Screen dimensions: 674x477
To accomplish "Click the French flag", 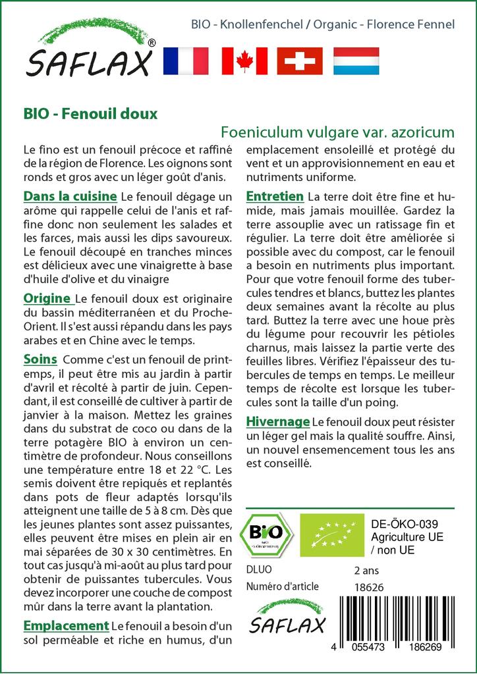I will tap(185, 61).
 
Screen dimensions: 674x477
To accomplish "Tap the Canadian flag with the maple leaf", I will tap(244, 61).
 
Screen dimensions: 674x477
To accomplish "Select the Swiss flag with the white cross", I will tap(299, 61).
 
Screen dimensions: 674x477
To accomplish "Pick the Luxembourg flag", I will tap(356, 61).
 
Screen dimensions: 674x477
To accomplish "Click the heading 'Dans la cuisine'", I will tap(70, 196).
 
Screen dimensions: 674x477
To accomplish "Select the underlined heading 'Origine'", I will tap(47, 299).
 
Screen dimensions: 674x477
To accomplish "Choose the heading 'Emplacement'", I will tap(65, 625).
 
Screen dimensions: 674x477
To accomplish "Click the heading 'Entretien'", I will tap(275, 196).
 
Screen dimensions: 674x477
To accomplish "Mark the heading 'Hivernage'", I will tap(277, 421).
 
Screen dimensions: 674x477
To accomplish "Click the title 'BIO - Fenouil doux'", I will tap(90, 113).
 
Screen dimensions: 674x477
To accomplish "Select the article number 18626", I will tap(369, 587).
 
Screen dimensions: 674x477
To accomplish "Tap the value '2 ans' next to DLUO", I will tap(366, 569).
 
